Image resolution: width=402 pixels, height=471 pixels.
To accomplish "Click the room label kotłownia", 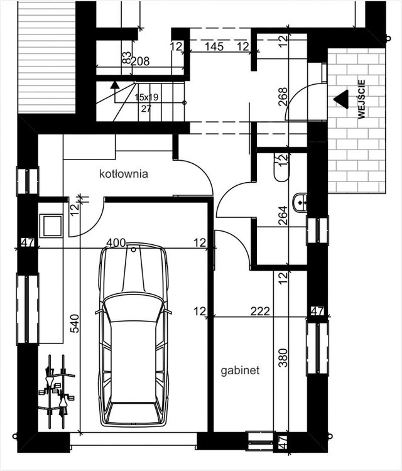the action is coord(124,174).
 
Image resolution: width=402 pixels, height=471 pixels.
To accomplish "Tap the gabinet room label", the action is coord(240,371).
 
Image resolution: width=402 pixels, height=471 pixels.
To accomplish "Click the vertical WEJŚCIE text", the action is coord(361,99).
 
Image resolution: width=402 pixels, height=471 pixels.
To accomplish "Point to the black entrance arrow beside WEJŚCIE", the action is coord(341,99).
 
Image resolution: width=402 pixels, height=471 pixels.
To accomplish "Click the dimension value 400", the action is coord(116,242).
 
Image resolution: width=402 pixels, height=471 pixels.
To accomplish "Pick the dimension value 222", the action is coord(260,311).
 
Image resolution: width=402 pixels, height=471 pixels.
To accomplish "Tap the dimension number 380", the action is coord(283,358).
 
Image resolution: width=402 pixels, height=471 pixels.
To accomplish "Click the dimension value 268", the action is coord(283,97).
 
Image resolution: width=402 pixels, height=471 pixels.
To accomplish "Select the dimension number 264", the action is coord(283,215).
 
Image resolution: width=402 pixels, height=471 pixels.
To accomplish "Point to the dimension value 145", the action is coord(214,46).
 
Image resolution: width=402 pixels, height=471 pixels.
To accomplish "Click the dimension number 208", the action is coord(140,62).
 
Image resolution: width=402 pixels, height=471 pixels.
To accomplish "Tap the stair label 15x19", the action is coord(146,97).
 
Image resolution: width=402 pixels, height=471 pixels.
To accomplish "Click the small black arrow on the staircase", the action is coord(114,85).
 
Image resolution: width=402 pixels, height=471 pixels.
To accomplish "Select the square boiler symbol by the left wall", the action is coord(52,225).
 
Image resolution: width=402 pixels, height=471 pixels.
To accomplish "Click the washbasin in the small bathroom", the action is coord(300,202).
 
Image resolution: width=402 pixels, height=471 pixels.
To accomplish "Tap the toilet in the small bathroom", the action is coord(281,167).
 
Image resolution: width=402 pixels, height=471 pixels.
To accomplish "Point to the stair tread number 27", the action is coord(146,109).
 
